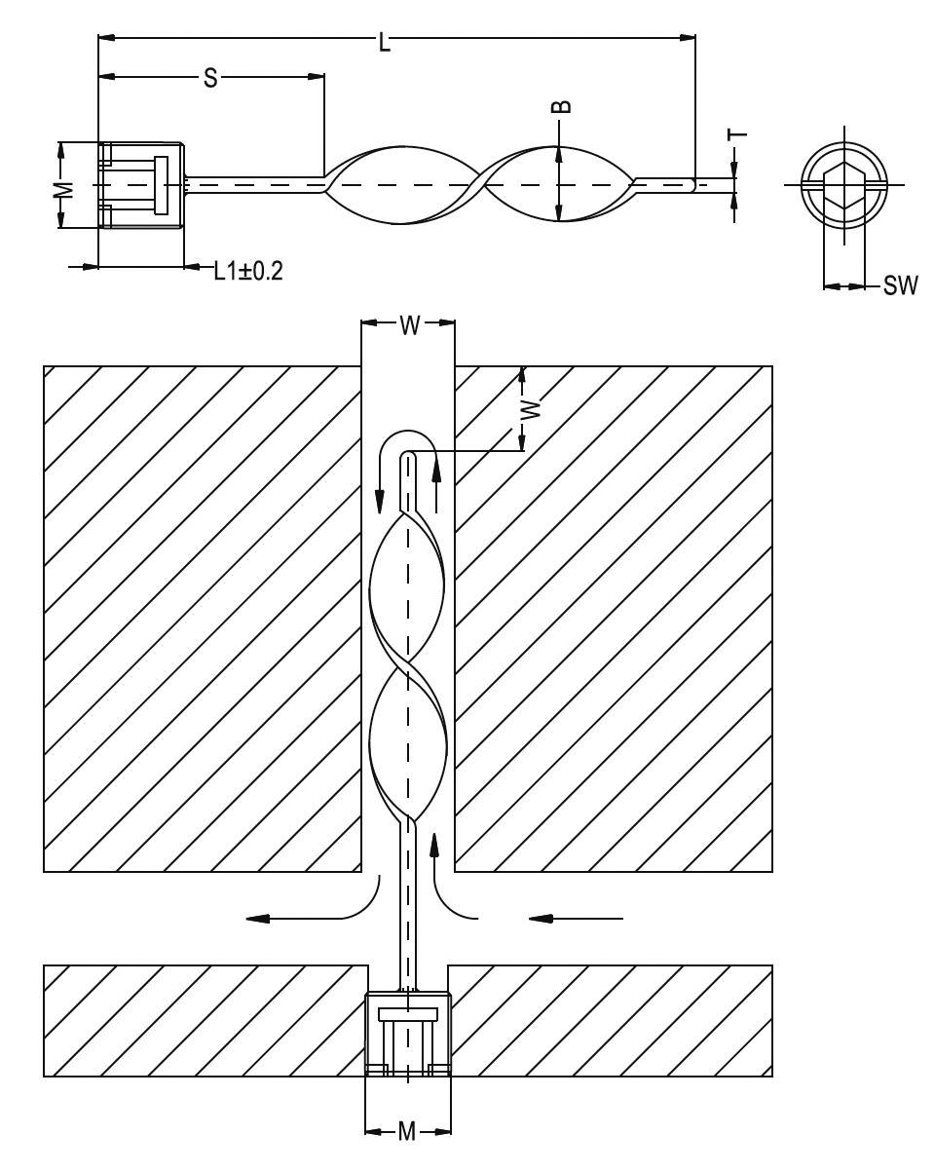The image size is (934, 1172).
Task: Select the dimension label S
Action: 210,78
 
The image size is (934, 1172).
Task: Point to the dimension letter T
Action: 737,134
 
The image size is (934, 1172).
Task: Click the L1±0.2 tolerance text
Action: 248,271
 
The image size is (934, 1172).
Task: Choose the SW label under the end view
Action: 900,285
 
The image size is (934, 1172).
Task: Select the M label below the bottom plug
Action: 407,1130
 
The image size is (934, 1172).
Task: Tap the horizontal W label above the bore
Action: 410,325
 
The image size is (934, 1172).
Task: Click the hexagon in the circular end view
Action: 844,185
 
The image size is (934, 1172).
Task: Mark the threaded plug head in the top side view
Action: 141,185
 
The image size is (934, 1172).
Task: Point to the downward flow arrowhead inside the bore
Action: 380,501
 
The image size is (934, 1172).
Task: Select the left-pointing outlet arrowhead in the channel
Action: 257,918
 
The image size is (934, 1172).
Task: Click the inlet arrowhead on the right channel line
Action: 541,918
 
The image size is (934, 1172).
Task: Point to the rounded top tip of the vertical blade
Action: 408,455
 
